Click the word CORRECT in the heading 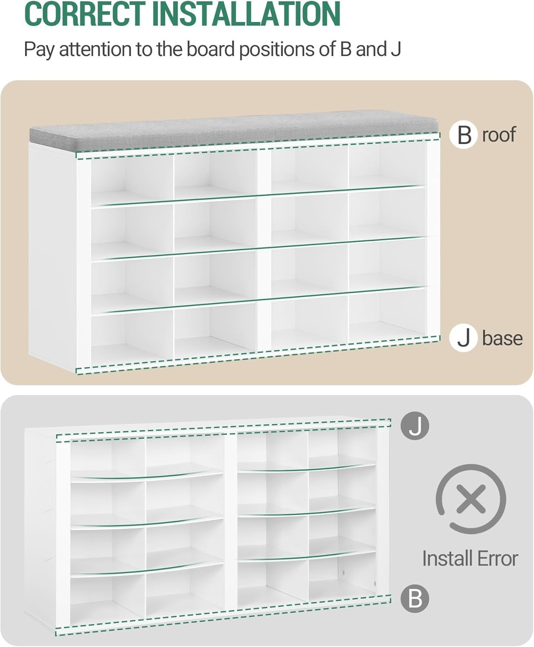[x=85, y=14]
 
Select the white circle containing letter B [x=464, y=135]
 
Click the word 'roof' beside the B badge [x=499, y=135]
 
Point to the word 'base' [x=502, y=338]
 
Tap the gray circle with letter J [x=415, y=426]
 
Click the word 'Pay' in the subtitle [x=39, y=50]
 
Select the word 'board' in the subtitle [x=210, y=49]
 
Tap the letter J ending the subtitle [x=396, y=50]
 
